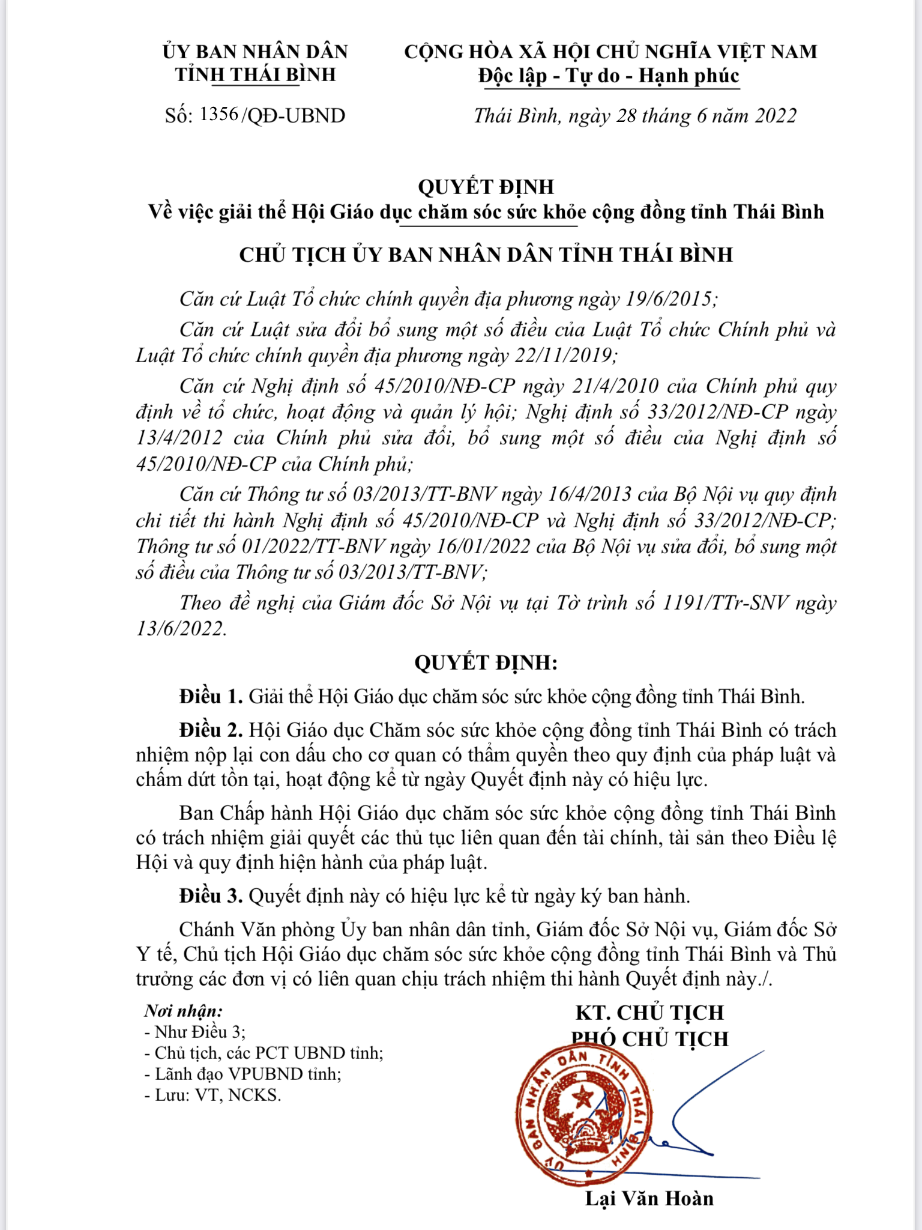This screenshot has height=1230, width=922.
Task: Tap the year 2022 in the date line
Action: tap(776, 115)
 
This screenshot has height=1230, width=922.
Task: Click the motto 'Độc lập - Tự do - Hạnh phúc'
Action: tap(609, 76)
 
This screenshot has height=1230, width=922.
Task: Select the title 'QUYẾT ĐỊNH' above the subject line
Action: tap(486, 187)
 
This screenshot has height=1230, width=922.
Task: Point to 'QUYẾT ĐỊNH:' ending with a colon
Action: tap(486, 662)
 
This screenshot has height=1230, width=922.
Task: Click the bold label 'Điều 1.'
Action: tap(211, 697)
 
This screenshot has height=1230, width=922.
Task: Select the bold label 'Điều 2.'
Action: tap(211, 730)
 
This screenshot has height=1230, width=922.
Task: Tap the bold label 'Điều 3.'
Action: tap(211, 896)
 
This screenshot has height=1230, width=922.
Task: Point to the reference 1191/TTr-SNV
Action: tap(725, 602)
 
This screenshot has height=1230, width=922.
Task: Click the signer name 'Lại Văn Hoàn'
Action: tap(649, 1199)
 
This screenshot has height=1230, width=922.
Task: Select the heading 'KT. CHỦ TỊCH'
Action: tap(649, 1013)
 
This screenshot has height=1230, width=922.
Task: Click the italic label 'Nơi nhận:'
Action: tap(184, 1011)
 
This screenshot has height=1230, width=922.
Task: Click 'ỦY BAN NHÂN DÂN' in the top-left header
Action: tap(255, 52)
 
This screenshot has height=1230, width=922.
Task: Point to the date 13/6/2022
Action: tap(181, 628)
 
